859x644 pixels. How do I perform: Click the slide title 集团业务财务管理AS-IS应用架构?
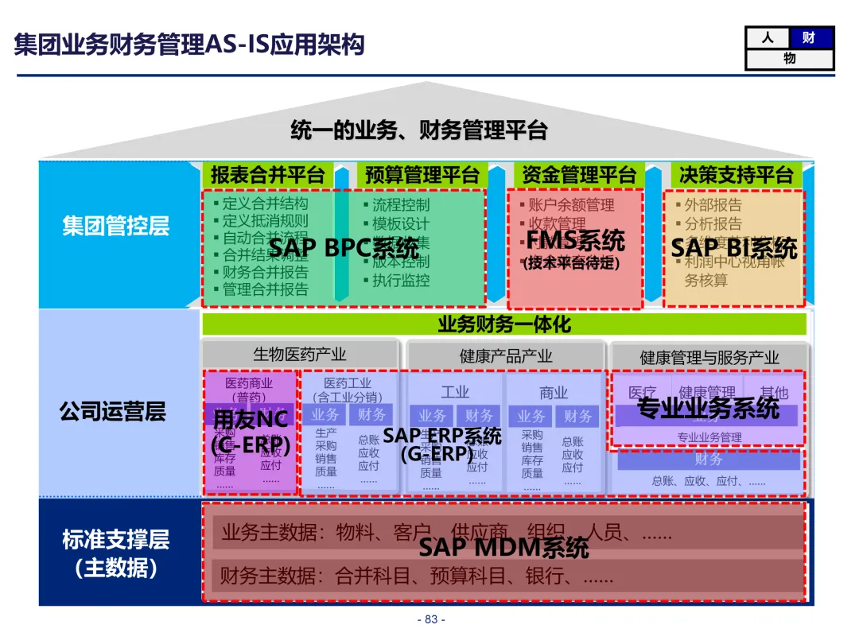[189, 44]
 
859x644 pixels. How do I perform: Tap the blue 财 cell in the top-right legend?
[810, 37]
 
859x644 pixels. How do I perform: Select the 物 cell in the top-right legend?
[789, 59]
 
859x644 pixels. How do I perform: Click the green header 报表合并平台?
[267, 174]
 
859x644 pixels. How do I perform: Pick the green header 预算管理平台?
[422, 174]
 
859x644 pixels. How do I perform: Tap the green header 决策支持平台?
[736, 174]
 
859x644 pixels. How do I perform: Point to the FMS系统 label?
[576, 240]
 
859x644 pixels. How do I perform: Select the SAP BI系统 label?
[733, 247]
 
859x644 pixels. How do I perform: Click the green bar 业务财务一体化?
[504, 324]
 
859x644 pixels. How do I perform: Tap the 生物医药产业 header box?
[300, 355]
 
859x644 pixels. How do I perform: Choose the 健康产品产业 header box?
[506, 355]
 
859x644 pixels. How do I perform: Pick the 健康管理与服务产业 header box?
[709, 357]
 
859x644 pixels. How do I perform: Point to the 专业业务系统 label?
[708, 408]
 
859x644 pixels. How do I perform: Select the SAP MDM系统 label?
[503, 547]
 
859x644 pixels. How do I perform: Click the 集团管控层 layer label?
[116, 226]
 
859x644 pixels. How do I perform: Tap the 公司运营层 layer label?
[112, 411]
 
